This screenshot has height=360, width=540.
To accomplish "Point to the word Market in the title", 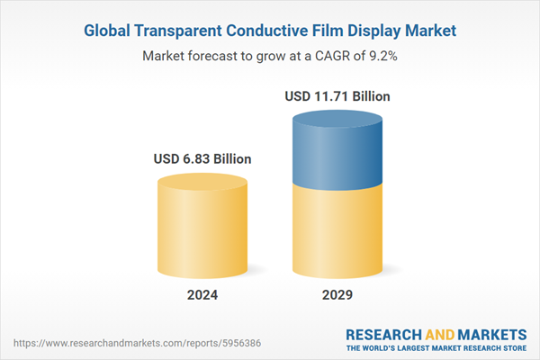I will pos(427,31).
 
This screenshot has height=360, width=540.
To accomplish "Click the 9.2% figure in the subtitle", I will pos(381,56).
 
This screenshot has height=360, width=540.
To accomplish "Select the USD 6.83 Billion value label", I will pos(202,159).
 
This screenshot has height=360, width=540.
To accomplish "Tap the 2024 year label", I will pos(202,294).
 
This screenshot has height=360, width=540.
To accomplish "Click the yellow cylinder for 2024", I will pos(202,234).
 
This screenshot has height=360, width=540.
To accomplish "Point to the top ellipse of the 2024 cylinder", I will pos(202,184).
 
